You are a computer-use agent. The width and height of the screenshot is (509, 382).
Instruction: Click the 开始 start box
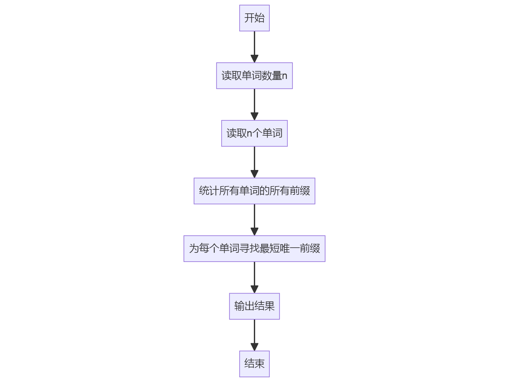point(254,18)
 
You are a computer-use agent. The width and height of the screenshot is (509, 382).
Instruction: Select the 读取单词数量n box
point(254,76)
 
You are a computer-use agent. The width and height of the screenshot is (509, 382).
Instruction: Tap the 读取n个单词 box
point(254,133)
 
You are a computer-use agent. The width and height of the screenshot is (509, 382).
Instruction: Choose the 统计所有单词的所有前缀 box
point(254,191)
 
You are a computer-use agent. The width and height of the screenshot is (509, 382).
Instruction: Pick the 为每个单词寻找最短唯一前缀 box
point(254,249)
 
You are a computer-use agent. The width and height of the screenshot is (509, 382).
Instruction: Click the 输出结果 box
point(254,306)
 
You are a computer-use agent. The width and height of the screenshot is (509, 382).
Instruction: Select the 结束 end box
point(254,364)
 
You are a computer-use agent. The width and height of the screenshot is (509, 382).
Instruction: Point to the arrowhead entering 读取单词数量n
point(254,59)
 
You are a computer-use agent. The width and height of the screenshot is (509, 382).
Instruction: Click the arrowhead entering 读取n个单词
point(254,117)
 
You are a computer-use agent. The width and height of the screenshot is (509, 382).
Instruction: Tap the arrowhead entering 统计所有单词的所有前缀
point(254,174)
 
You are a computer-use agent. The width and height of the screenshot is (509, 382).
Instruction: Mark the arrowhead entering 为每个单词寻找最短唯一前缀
point(254,232)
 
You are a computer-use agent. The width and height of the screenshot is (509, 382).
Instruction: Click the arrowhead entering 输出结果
point(254,289)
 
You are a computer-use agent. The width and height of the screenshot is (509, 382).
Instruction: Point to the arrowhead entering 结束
point(254,347)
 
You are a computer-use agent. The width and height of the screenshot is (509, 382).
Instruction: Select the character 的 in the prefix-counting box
point(264,191)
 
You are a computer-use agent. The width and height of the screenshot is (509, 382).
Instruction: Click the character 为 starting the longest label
point(194,249)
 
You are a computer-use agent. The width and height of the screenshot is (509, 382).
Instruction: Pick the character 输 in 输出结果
point(239,306)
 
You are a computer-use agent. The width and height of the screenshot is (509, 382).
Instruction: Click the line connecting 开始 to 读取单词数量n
point(254,43)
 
